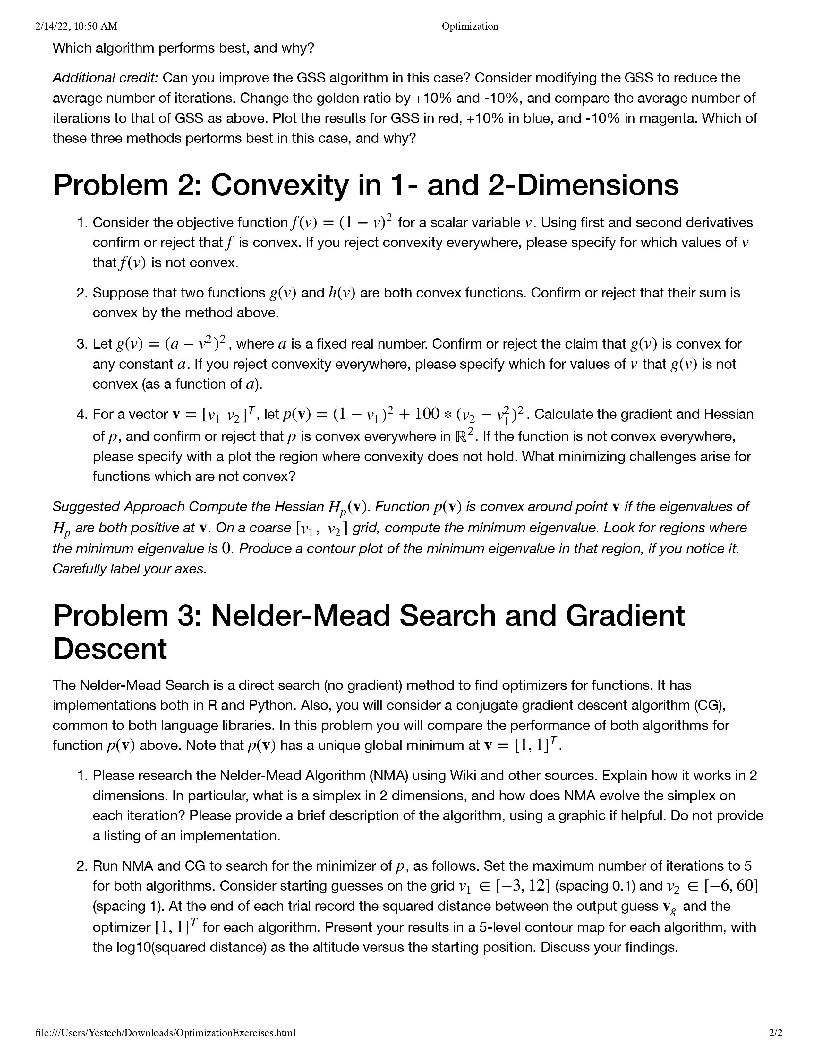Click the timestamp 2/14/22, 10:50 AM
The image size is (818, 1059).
coord(77,26)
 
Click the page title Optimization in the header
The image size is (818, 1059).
coord(470,26)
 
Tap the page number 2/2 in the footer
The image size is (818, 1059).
coord(775,1032)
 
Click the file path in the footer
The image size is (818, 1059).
coord(165,1032)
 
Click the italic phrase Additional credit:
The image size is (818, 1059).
coord(105,78)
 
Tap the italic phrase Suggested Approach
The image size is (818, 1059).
coord(118,507)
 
